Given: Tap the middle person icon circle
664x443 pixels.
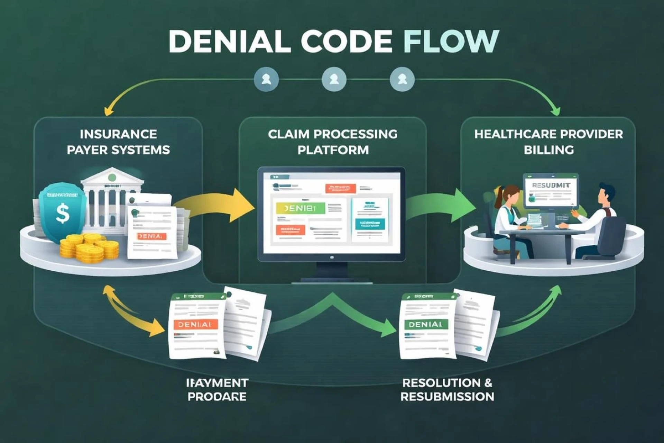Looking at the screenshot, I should point(334,79).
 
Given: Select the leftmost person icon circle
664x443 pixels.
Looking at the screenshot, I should point(266,79).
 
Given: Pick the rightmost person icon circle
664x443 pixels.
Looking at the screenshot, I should point(402,79).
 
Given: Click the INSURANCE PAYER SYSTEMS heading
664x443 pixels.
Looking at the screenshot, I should point(118,142).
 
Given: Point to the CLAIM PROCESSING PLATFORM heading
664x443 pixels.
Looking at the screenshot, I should point(333,142).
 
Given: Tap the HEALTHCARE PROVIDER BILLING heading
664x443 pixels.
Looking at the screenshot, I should point(548,142).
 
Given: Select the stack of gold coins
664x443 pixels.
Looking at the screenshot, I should point(89,247).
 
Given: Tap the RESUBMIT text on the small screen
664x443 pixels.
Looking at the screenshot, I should point(551,186).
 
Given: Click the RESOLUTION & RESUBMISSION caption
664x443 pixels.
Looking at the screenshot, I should point(447,390).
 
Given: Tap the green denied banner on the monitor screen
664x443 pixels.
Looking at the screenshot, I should point(300,208).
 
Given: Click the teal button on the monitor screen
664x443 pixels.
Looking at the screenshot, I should point(370,224).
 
